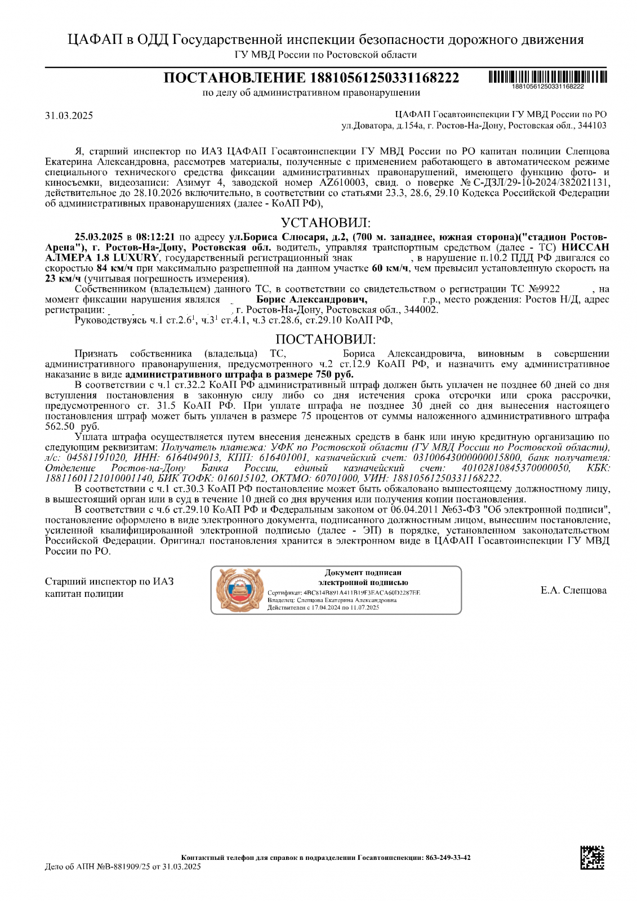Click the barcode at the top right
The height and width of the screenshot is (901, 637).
point(547,77)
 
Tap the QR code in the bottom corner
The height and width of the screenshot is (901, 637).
point(593,857)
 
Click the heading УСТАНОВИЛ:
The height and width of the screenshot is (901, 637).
point(326,222)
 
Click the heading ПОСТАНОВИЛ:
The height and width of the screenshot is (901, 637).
point(326,340)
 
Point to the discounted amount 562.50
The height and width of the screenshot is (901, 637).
point(60,426)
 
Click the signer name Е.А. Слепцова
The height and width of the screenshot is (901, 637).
point(573,590)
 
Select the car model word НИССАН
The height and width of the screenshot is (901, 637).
point(585,247)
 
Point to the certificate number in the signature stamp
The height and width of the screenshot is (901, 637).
point(362,593)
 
